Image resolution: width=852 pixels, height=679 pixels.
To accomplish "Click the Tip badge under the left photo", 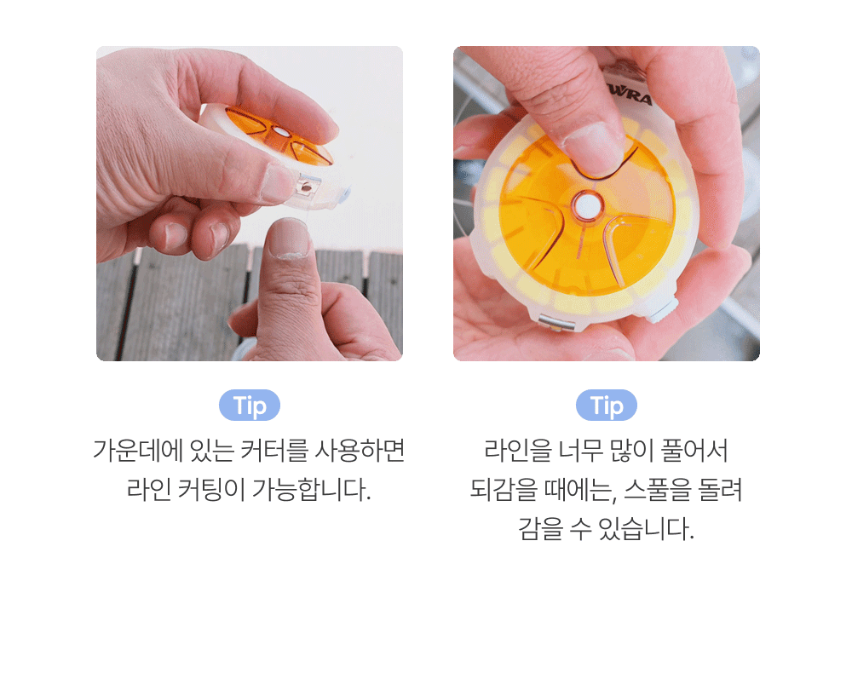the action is tap(250, 406).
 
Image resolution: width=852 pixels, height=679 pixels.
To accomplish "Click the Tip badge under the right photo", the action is tap(607, 406).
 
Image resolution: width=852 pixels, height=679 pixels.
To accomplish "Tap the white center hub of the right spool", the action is tap(586, 206).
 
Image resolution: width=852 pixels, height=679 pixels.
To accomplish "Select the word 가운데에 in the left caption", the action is tap(137, 451).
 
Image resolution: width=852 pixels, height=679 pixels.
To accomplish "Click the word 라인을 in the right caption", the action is tap(517, 451).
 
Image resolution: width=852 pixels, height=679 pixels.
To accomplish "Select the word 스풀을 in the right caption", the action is tap(657, 489).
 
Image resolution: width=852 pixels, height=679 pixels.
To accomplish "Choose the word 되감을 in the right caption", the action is tap(504, 489).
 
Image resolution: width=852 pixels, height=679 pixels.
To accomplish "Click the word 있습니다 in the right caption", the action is tap(646, 528).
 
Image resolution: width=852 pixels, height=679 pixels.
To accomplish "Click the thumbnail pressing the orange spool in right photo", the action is tap(590, 146).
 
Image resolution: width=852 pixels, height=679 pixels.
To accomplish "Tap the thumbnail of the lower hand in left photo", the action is tap(289, 237).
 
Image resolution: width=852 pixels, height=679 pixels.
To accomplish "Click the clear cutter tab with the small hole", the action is tap(305, 188).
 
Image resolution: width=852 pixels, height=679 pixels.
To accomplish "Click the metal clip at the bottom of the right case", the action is tap(556, 323).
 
